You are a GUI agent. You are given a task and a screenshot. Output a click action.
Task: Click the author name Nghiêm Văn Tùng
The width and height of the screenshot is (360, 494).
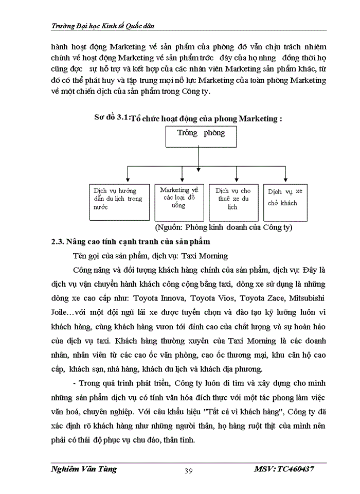point(84,469)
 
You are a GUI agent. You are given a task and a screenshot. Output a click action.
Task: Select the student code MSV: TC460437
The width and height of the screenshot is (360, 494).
point(284,469)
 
